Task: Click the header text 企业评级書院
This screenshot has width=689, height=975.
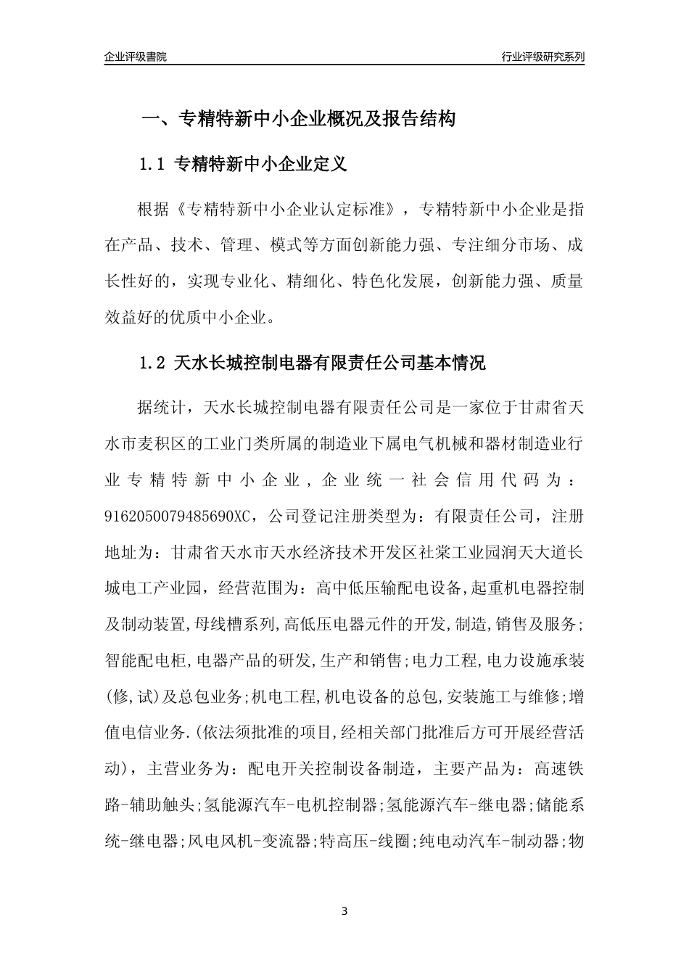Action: (x=136, y=57)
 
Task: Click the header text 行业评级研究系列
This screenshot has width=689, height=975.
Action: (x=542, y=57)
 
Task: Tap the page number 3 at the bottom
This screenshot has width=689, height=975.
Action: (x=344, y=911)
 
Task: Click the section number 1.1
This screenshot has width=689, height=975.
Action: (x=153, y=165)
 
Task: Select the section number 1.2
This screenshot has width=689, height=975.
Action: (x=153, y=363)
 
